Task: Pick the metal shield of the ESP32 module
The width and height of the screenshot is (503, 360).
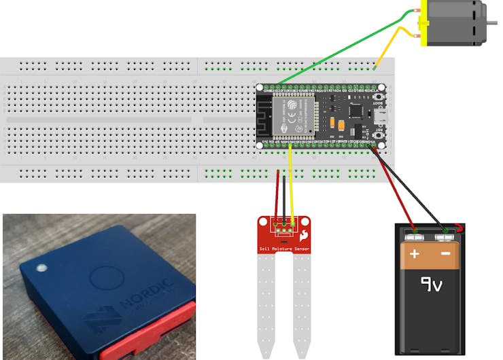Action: [x=294, y=115]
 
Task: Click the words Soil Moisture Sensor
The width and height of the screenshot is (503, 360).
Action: [x=284, y=249]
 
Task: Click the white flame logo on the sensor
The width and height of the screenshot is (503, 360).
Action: [x=303, y=234]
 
